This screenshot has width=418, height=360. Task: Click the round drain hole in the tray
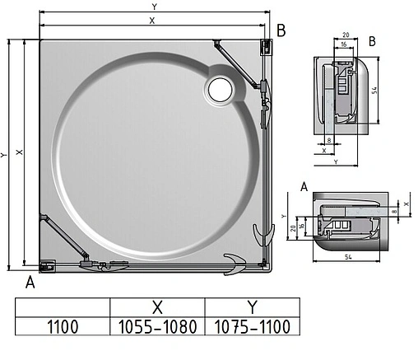[x=221, y=89]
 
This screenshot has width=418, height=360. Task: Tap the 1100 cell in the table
[x=63, y=326]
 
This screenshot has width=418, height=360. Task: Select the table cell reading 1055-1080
[x=158, y=326]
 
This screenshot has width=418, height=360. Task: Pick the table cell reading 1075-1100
[x=253, y=326]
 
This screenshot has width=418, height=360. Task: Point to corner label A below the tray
[x=30, y=283]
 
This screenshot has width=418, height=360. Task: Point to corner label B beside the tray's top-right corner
[x=281, y=31]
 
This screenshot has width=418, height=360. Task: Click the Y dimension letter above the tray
[x=154, y=7]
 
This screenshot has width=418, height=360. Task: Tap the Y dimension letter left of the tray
[x=6, y=154]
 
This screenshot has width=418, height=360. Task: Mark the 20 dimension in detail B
[x=345, y=35]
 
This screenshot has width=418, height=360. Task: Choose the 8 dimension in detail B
[x=329, y=141]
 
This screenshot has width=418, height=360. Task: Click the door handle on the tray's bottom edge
[x=234, y=264]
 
